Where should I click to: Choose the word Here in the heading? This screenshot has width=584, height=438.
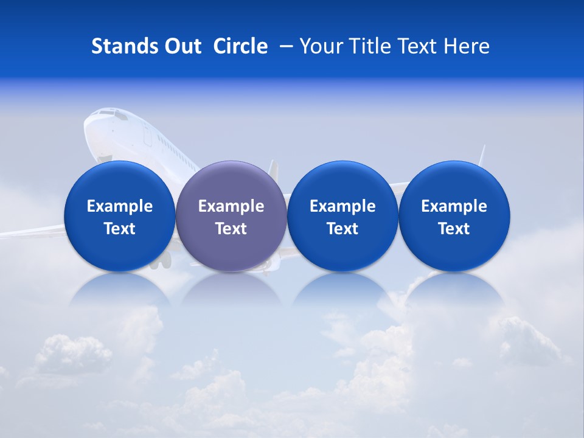tap(468, 46)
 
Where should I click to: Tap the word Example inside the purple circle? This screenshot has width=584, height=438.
tap(231, 206)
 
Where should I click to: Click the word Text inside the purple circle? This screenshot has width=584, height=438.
tap(231, 229)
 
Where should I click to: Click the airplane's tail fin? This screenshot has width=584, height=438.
tap(273, 171)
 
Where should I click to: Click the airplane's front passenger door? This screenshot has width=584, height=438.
tap(147, 135)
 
